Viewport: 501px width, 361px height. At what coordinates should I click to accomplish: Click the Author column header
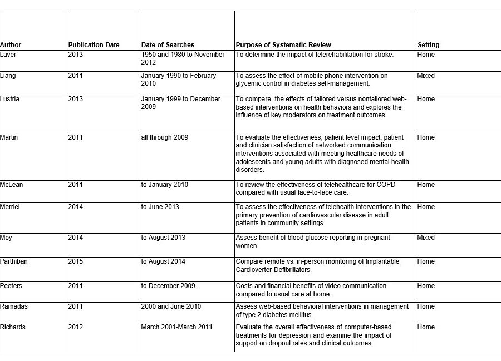tap(11, 45)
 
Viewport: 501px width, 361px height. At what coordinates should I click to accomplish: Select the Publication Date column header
tap(94, 45)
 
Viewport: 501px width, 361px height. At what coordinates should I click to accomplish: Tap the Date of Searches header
tap(168, 45)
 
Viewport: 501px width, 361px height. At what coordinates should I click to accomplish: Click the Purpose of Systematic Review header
tap(283, 45)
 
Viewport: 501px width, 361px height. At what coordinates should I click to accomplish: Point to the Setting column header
tap(428, 45)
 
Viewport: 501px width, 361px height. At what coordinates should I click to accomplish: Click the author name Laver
tap(8, 55)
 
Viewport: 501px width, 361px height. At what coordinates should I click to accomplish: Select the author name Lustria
tap(10, 99)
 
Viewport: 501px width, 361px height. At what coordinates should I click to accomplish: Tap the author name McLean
tap(12, 185)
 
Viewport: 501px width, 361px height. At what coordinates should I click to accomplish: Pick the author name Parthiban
tap(14, 261)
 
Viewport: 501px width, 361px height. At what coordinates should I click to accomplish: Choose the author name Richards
tap(13, 327)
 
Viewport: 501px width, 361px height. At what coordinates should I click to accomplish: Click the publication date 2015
tap(76, 261)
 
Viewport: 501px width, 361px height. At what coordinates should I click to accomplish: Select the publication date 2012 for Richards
tap(76, 327)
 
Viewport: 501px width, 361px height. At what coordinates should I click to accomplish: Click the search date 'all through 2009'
tap(165, 137)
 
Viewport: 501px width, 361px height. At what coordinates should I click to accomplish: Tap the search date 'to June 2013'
tap(160, 207)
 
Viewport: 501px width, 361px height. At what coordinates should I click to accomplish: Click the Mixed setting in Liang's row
tap(426, 76)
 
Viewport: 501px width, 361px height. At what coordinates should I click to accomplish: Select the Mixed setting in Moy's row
tap(426, 238)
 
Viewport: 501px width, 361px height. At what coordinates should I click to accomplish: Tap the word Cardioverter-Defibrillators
tap(273, 270)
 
